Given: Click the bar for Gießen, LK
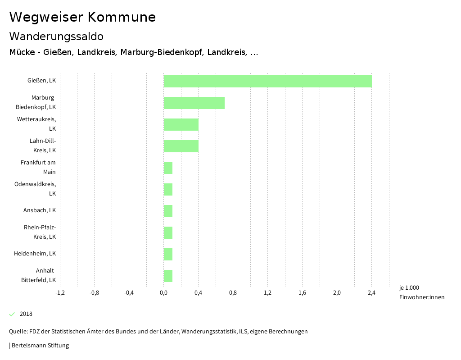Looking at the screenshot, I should pos(267,81).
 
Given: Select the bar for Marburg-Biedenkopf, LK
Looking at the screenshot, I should pos(194,103).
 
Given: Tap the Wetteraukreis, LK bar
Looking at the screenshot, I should pos(181,124).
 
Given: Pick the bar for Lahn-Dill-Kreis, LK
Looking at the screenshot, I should pos(181,146).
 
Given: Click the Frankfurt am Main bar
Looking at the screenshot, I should pos(168,168).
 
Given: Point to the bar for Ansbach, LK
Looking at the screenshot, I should pos(168,211).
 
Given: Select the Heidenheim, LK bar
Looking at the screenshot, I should pos(168,254).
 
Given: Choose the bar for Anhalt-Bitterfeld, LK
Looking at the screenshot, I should pos(168,276).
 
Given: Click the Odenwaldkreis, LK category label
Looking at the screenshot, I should pos(35,189).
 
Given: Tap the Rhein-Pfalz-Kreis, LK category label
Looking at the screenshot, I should pos(40,232).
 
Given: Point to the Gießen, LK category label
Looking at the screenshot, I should pos(41,81).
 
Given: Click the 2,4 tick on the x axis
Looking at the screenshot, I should pos(371,293).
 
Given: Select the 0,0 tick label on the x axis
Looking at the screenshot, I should pos(163,293).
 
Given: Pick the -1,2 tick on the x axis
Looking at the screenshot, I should pos(59,293).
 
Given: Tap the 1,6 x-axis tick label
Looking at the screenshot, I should pos(302,293).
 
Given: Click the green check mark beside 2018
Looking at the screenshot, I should pos(12,314).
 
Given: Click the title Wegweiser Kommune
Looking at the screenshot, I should pos(82,17).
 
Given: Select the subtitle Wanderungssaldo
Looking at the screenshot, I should pos(56,36).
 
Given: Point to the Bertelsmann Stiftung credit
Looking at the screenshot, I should pos(40,346).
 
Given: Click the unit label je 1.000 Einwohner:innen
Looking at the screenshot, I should pos(421,292).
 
